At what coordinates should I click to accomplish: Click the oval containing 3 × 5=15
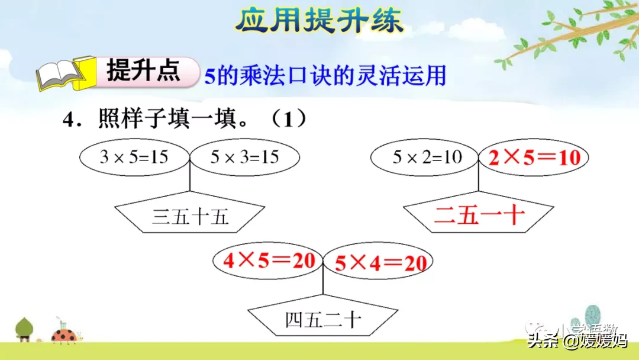pyautogui.click(x=134, y=157)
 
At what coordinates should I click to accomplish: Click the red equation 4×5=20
pyautogui.click(x=269, y=261)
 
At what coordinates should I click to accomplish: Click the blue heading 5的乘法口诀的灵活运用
pyautogui.click(x=325, y=76)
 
